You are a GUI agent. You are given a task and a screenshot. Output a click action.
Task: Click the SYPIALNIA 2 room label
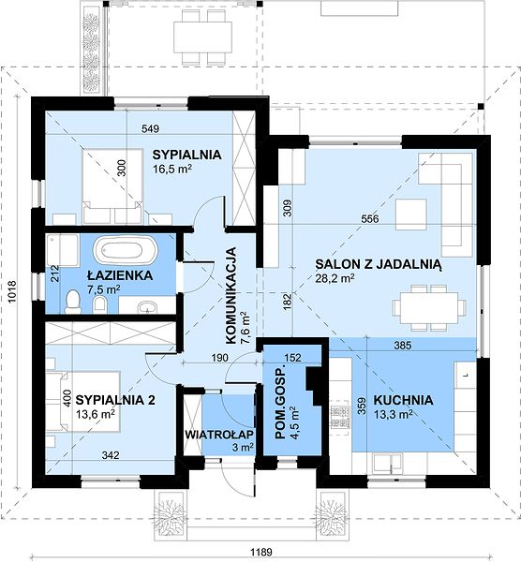(115, 400)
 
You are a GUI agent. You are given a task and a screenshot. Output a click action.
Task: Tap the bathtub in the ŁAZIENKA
(126, 249)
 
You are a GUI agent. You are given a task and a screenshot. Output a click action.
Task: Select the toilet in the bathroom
(73, 302)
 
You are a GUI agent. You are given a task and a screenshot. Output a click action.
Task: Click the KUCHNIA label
(403, 400)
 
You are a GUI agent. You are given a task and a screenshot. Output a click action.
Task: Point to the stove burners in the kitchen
(340, 418)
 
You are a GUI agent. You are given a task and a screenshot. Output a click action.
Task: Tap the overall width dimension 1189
(261, 552)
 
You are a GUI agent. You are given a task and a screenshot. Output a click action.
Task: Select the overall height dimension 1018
(12, 292)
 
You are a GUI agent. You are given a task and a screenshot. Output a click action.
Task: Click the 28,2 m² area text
(335, 278)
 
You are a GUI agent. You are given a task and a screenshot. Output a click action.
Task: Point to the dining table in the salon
(429, 307)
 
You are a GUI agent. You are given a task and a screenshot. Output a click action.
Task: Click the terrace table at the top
(202, 37)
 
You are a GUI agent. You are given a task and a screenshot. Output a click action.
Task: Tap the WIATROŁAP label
(219, 434)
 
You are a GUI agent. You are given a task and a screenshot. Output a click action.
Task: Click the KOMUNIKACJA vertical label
(232, 296)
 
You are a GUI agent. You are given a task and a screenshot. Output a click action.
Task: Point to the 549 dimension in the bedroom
(150, 128)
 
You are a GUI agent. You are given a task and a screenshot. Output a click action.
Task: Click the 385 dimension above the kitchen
(403, 346)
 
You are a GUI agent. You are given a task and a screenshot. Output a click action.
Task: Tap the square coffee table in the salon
(411, 214)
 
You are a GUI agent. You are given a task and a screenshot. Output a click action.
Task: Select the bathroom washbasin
(147, 307)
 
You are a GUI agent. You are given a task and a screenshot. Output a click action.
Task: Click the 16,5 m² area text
(172, 169)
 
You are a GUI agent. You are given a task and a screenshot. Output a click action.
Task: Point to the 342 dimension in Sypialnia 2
(110, 455)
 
